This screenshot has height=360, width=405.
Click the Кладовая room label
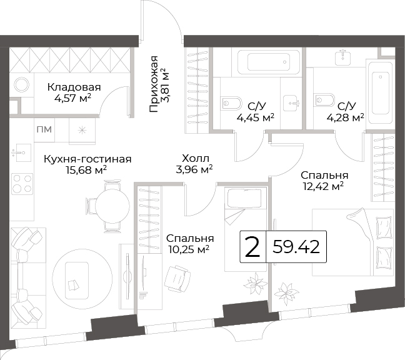74,87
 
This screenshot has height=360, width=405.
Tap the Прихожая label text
154,84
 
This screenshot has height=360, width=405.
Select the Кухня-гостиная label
87,159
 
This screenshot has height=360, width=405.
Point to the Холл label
196,158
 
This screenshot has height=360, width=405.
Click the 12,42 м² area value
323,186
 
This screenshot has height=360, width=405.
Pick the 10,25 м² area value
189,249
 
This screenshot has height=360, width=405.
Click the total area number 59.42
296,247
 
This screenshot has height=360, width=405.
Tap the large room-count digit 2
252,247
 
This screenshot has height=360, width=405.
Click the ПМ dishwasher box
44,129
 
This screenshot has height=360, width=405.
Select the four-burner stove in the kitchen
22,183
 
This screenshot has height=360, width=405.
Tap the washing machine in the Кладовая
22,84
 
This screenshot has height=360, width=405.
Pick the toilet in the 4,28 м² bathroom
324,99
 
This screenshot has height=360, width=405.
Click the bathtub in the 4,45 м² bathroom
269,62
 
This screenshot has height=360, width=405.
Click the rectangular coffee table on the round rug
77,280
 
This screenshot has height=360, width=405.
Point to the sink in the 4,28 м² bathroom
342,58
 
